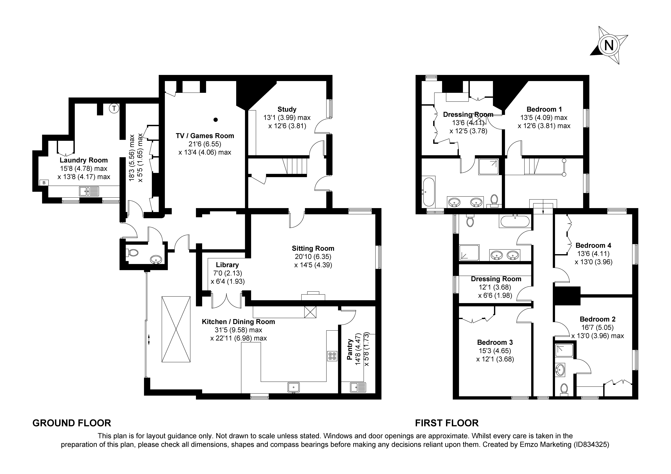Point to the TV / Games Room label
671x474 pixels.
coord(205,136)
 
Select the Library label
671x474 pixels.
coord(227,265)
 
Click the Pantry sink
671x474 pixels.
coord(358,387)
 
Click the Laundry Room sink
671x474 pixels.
coord(89,191)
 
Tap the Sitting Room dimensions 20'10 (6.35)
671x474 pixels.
coord(313,257)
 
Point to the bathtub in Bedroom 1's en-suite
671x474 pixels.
coord(428,191)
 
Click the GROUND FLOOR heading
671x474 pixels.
coord(72,423)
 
